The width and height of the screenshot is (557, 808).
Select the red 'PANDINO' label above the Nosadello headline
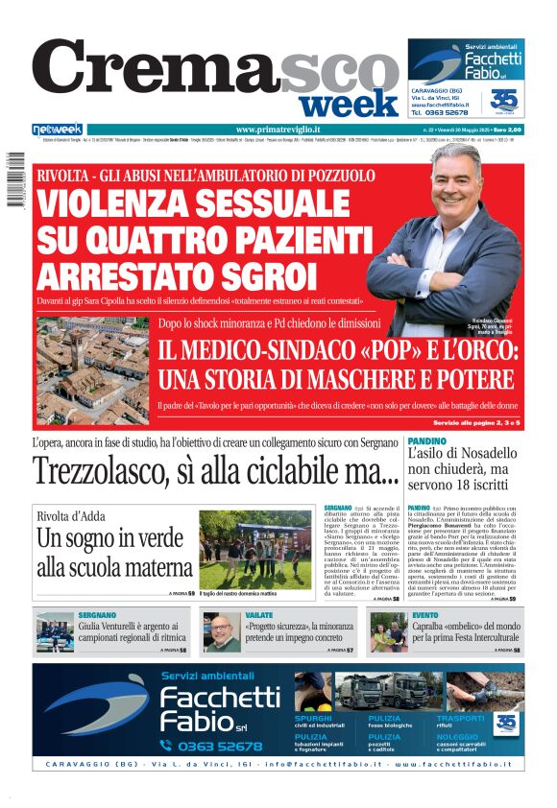(x=427, y=440)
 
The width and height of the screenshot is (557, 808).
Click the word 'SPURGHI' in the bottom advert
(x=314, y=718)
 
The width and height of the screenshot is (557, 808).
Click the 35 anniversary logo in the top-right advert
(x=504, y=100)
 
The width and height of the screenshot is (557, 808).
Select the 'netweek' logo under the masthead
(x=58, y=130)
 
